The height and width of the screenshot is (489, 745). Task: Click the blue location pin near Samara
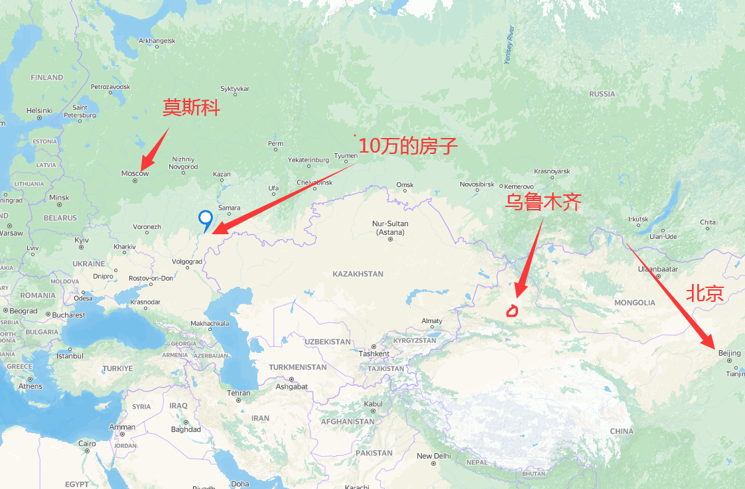click(206, 218)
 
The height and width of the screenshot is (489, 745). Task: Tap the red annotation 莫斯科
click(191, 108)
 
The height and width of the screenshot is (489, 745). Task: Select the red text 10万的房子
click(408, 147)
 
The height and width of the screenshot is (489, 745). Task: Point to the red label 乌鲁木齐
click(543, 202)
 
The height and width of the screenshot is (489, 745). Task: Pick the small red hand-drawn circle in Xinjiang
click(513, 310)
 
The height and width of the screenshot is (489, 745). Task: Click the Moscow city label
click(135, 173)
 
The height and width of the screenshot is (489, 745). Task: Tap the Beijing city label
click(729, 353)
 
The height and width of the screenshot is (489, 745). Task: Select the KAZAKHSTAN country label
click(358, 274)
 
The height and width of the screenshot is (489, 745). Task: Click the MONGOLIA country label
click(634, 303)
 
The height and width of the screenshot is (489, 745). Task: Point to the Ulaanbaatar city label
click(658, 269)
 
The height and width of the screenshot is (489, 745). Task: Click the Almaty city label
click(432, 321)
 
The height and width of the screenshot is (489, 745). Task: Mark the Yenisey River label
click(509, 45)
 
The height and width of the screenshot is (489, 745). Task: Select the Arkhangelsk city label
click(157, 41)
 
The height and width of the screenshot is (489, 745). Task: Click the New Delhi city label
click(434, 456)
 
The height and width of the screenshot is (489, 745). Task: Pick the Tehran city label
click(239, 393)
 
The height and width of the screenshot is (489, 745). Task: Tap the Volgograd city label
click(186, 261)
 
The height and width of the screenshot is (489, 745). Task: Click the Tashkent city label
click(373, 354)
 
